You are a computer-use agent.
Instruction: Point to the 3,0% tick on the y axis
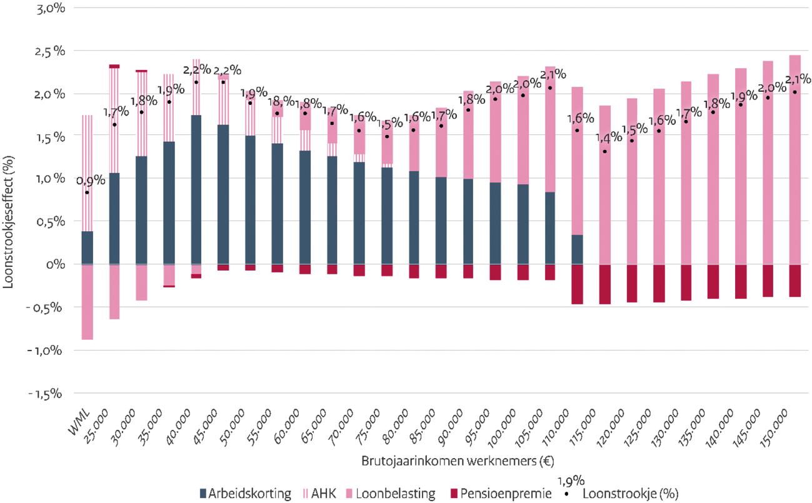(x=43, y=8)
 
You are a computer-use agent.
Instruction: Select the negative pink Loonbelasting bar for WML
(x=87, y=302)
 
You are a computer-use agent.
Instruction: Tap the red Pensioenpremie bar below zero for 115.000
(x=604, y=284)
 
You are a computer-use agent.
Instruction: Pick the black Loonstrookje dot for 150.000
(x=794, y=92)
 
